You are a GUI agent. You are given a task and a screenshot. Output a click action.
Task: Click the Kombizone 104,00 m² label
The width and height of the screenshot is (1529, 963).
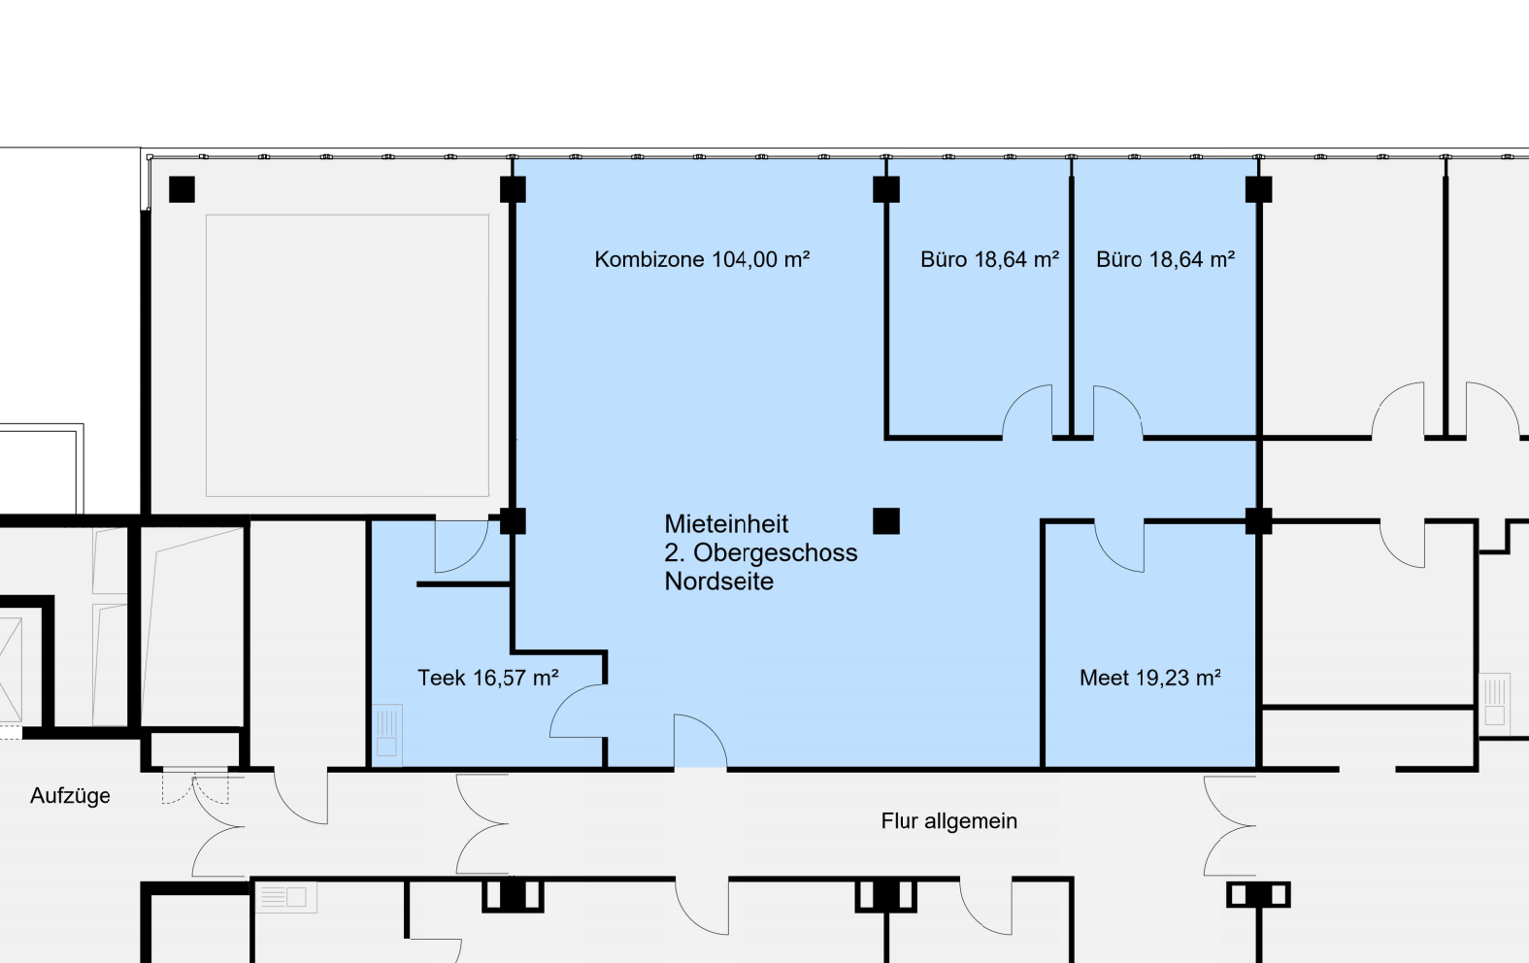pos(702,259)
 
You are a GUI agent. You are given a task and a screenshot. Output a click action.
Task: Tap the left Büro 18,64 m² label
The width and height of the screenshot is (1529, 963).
pos(990,259)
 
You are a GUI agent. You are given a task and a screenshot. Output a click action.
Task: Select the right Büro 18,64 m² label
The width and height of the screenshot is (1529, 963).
pos(1165,259)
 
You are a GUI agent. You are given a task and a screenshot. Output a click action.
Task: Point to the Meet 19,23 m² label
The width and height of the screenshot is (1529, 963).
pos(1150,678)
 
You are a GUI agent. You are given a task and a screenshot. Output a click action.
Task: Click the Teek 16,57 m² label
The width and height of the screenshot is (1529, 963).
pos(488,678)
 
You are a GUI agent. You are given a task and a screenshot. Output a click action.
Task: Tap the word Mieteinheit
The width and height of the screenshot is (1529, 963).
pos(726,524)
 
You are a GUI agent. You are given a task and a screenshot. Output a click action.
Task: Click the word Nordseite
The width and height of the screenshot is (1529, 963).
pos(718,581)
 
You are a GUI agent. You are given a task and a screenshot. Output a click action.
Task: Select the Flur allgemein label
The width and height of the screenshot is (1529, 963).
pos(948,820)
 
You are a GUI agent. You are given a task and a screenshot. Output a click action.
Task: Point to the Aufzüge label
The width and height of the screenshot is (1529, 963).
pos(70,796)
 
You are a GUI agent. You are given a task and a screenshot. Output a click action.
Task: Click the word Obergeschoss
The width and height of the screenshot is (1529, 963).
pos(776,552)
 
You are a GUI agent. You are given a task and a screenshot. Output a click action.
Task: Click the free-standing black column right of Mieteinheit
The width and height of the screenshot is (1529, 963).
pos(886,520)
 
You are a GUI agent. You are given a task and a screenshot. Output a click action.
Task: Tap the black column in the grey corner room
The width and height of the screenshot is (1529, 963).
pos(182,189)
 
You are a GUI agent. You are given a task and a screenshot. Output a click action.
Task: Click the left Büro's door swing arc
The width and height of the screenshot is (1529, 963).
pos(1017,399)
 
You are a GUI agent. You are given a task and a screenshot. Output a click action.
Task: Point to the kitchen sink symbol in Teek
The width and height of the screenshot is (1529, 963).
pos(387,735)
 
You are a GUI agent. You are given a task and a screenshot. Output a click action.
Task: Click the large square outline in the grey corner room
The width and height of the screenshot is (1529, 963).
pos(348,215)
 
